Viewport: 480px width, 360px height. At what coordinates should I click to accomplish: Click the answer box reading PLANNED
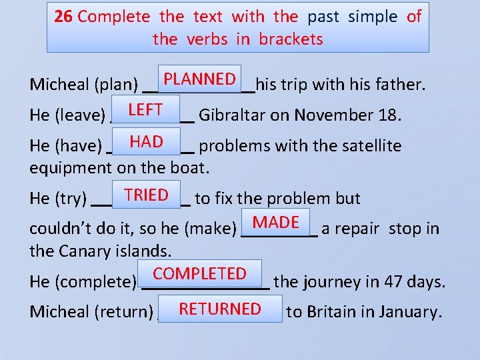[x=200, y=79]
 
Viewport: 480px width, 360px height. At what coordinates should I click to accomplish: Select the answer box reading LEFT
[x=145, y=110]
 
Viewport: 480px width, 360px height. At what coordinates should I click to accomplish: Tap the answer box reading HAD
[x=147, y=141]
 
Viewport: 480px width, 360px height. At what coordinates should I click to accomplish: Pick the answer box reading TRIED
[x=146, y=195]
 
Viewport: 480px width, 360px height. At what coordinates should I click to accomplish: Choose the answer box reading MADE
[x=276, y=222]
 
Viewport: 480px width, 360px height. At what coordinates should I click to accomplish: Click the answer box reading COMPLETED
[x=199, y=273]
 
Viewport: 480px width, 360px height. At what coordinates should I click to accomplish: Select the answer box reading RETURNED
[x=219, y=309]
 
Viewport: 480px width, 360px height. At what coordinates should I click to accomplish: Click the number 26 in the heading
[x=63, y=17]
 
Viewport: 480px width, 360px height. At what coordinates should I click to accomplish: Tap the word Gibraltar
[x=232, y=115]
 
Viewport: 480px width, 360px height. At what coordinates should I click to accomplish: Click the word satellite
[x=368, y=146]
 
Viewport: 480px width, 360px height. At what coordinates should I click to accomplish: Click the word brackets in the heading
[x=291, y=39]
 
